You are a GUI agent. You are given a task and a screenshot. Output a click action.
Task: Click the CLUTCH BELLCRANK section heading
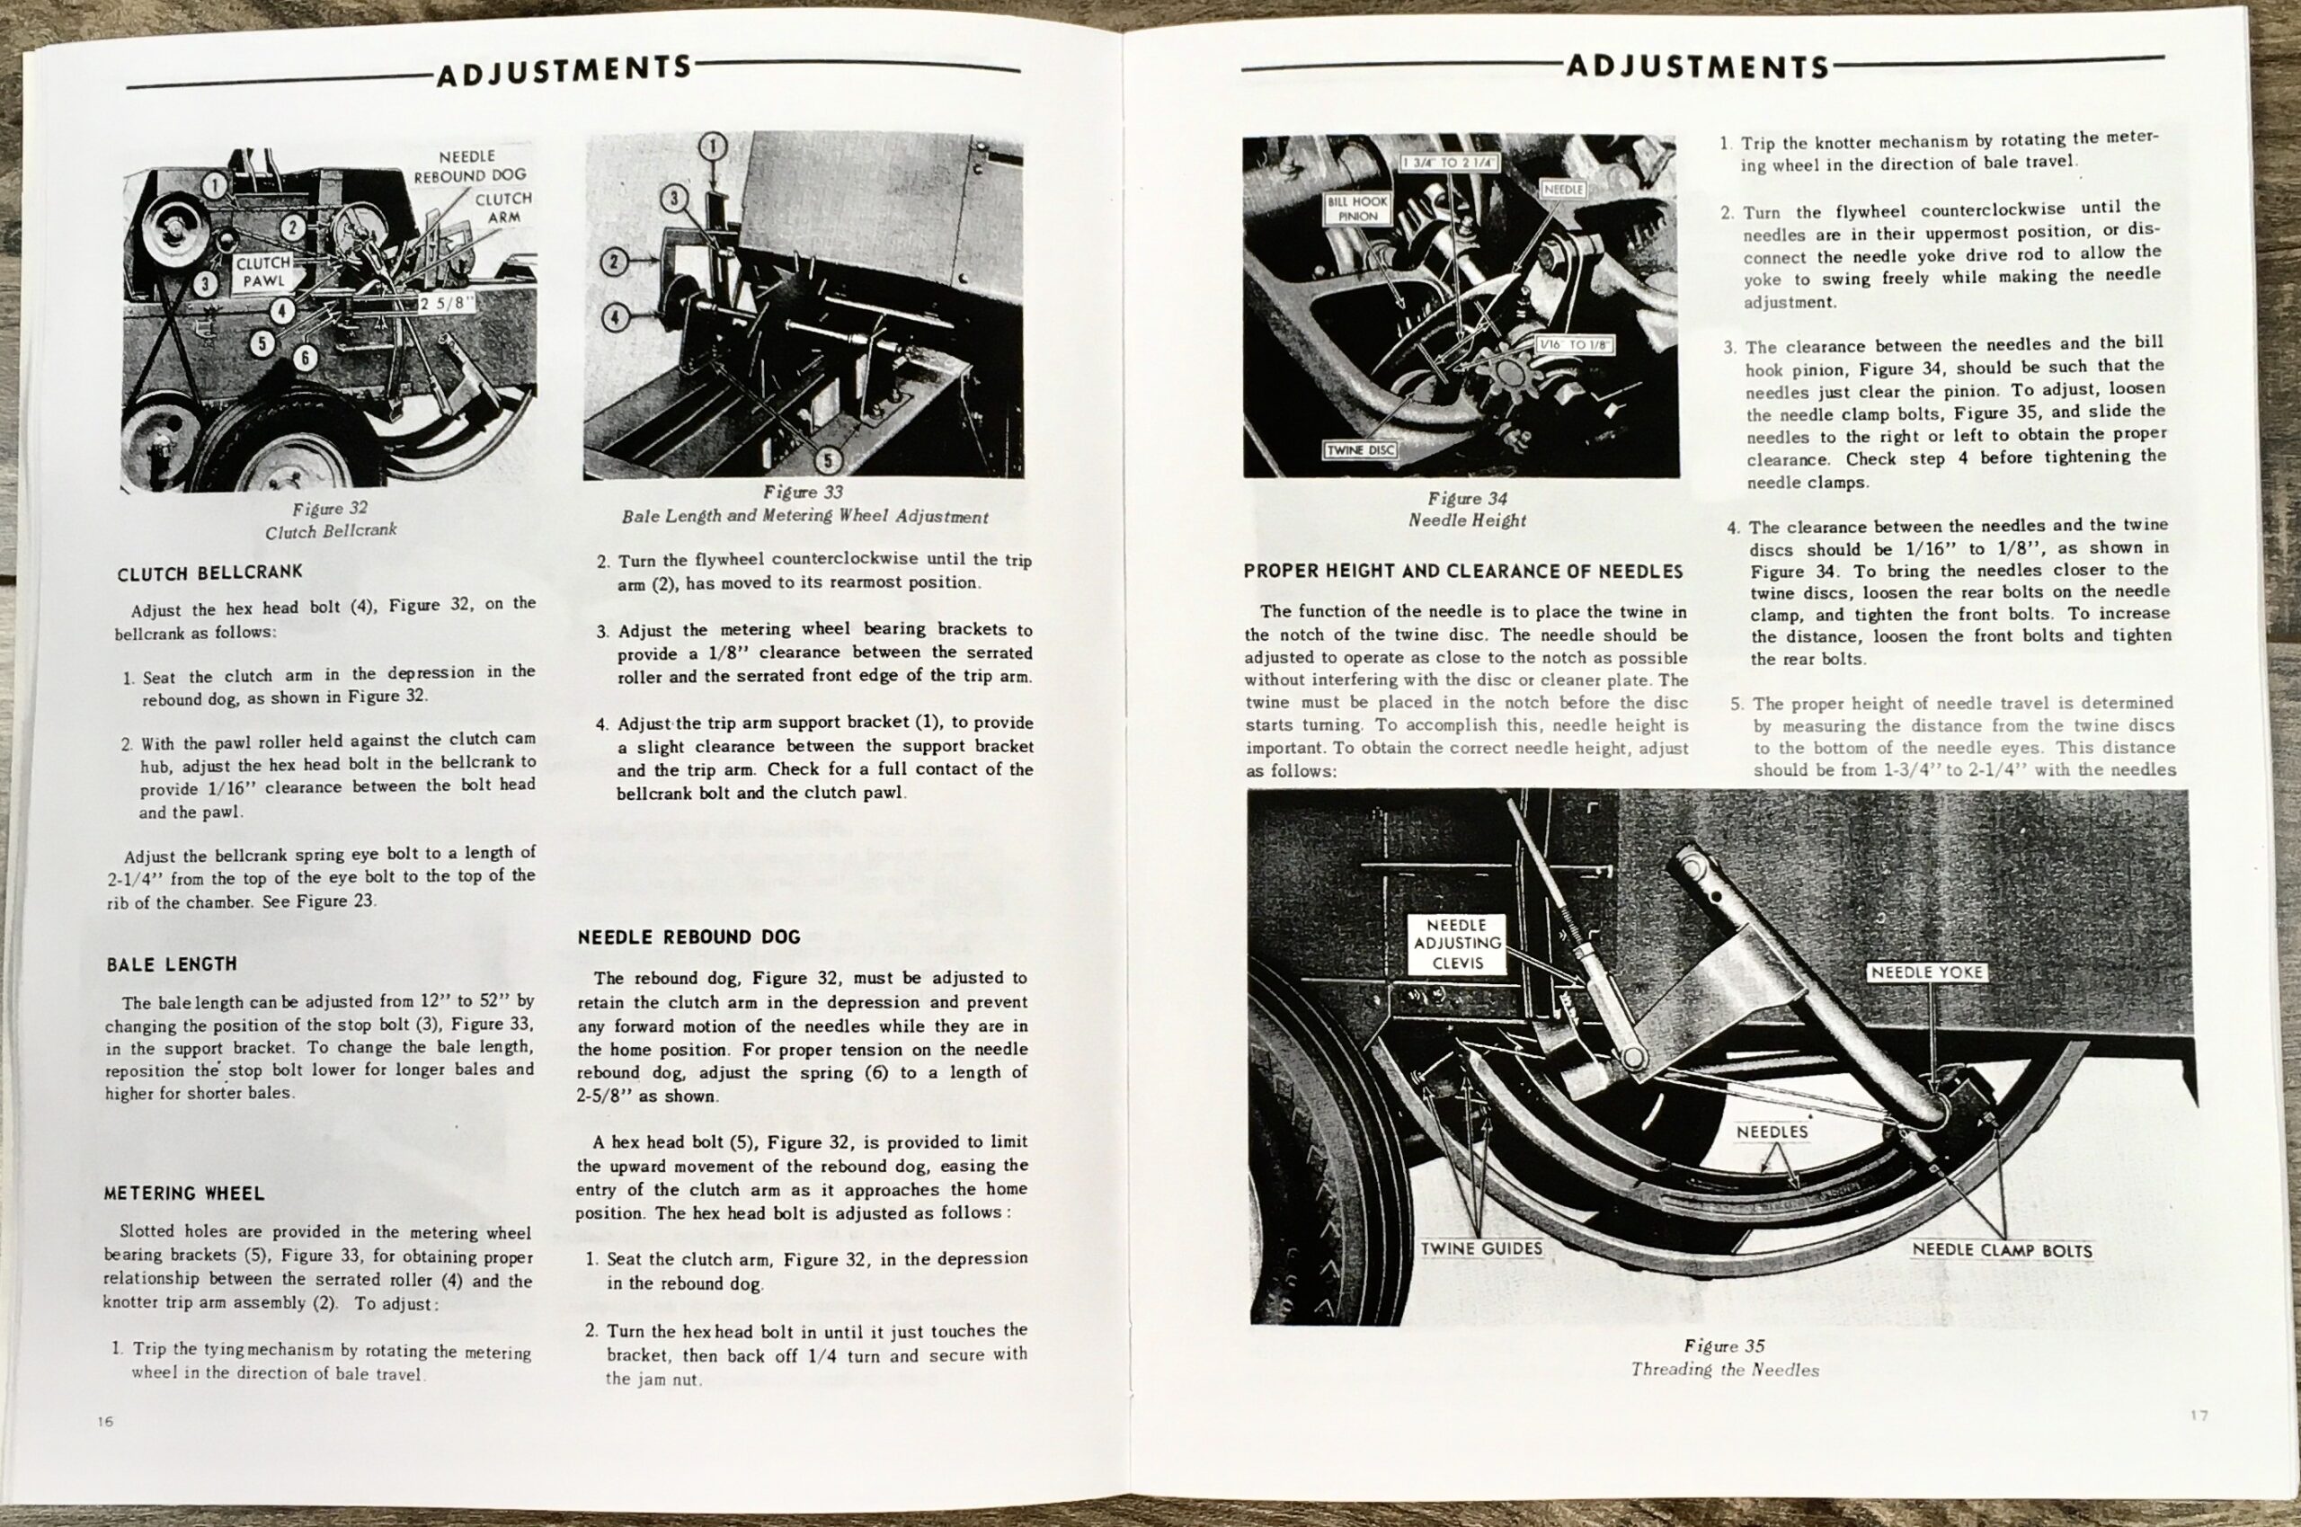209,573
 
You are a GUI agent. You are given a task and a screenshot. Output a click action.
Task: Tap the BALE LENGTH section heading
172,964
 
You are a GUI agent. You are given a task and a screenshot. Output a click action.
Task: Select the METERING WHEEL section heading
184,1193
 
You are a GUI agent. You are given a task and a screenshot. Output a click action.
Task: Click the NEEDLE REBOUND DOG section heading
689,937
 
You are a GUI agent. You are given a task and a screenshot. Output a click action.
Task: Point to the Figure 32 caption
330,520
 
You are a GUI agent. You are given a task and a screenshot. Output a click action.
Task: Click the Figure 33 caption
804,504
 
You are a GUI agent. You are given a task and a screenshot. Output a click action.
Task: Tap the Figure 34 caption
1468,510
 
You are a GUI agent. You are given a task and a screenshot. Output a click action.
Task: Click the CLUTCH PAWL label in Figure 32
263,271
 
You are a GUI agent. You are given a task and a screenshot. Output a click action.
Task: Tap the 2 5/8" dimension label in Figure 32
446,303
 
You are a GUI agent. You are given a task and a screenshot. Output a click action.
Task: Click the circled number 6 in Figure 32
305,359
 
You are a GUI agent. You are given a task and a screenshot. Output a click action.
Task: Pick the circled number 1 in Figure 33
713,147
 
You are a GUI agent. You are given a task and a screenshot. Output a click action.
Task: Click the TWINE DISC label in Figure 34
1360,450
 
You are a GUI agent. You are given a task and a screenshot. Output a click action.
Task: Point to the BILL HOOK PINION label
1357,209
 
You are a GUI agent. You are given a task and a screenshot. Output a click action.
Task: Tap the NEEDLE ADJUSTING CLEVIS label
1457,944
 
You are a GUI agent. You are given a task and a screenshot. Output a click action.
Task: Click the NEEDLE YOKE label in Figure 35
1926,972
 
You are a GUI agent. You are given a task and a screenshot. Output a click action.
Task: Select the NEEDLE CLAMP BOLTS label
2001,1249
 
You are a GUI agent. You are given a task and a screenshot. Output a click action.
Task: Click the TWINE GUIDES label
1481,1248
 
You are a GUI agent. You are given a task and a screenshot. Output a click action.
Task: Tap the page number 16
105,1421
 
